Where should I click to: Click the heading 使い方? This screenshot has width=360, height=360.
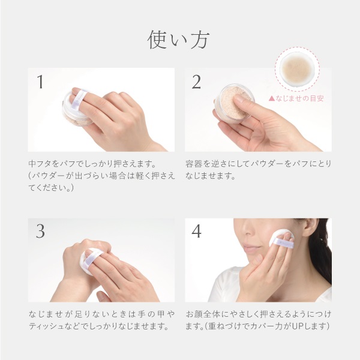[x=178, y=40]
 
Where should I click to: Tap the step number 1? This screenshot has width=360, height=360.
[x=40, y=82]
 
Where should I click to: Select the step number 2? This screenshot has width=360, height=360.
[x=196, y=82]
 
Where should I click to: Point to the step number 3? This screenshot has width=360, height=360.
[x=40, y=231]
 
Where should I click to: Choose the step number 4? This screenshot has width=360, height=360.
[x=197, y=231]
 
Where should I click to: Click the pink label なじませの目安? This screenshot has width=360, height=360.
[x=296, y=98]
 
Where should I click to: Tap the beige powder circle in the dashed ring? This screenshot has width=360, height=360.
[x=297, y=69]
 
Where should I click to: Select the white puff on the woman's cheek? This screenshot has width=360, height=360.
[x=281, y=239]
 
